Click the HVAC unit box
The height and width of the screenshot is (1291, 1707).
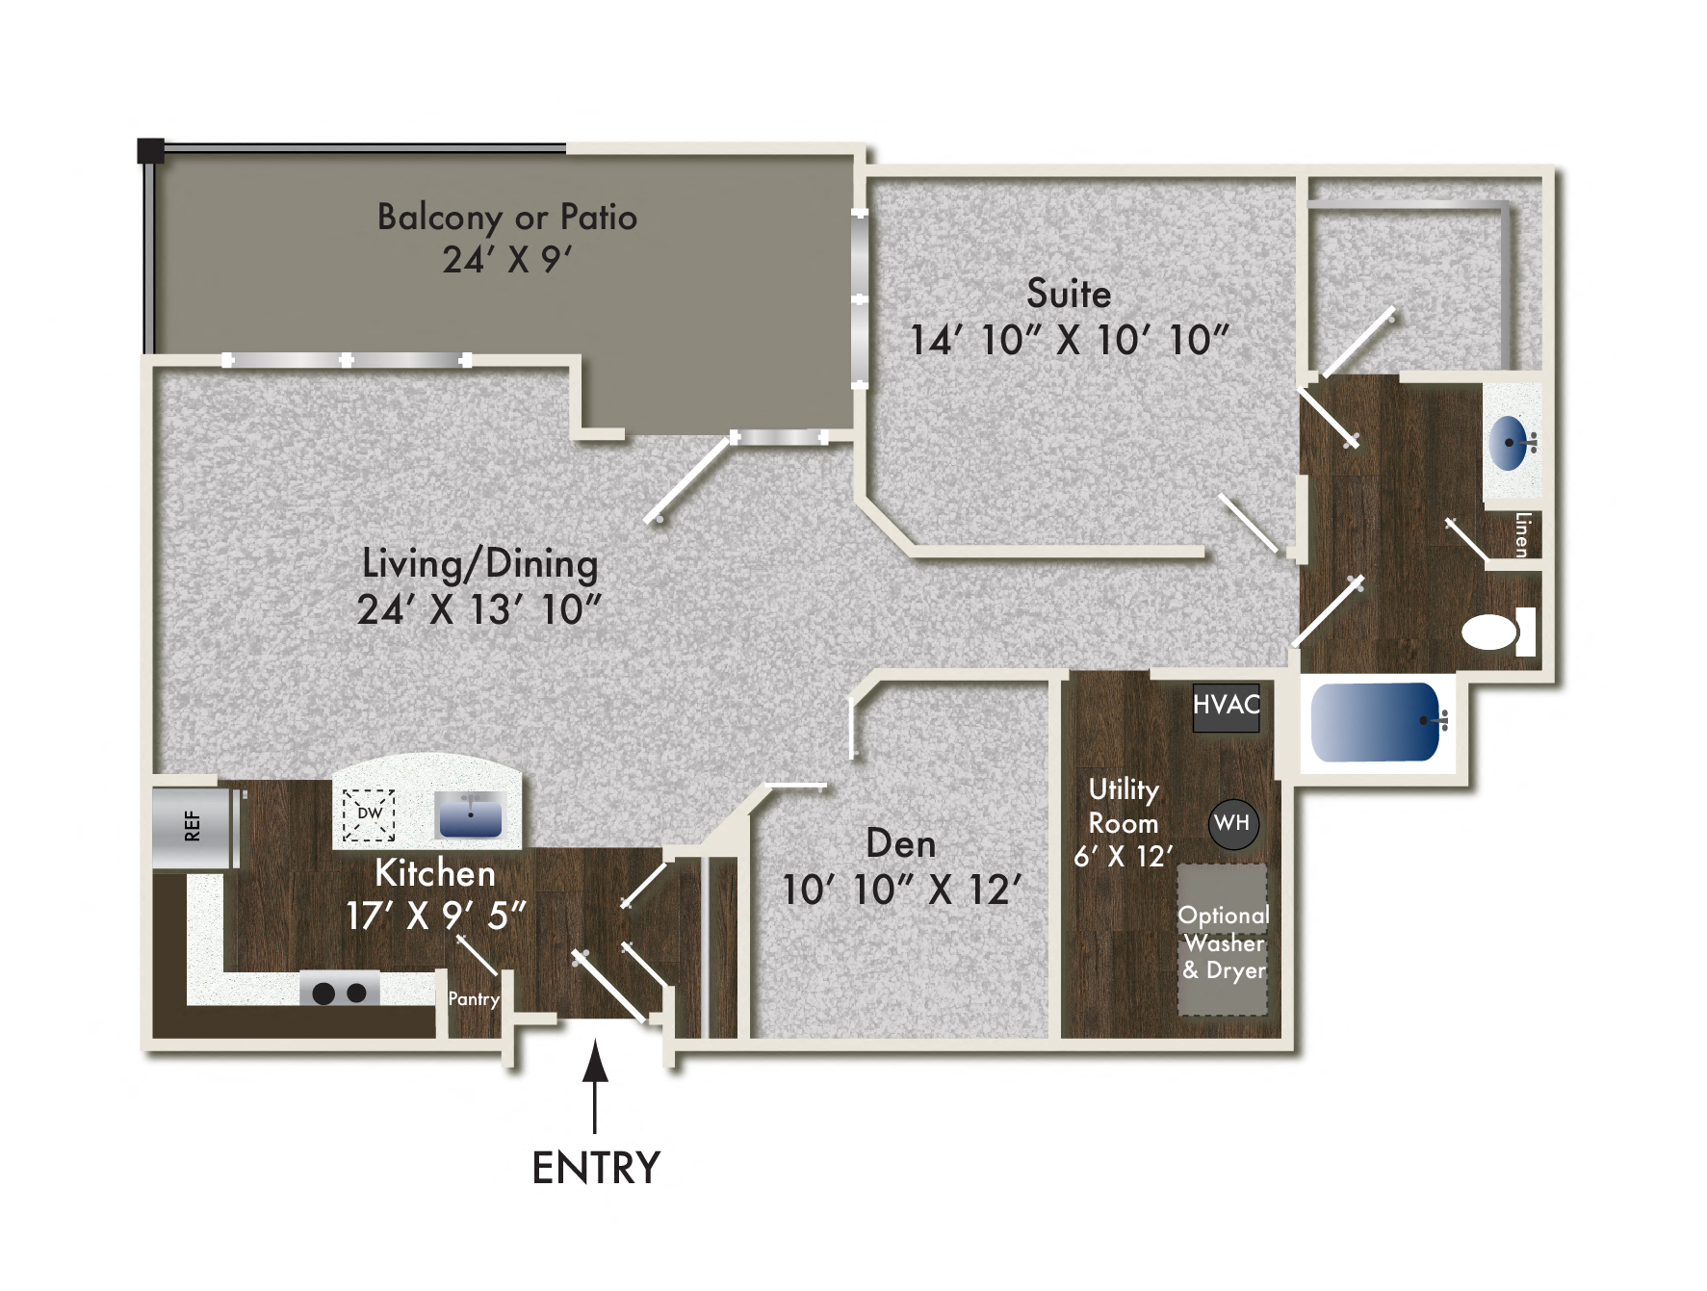1226,706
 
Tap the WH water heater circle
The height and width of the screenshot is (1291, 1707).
1232,823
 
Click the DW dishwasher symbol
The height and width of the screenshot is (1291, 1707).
369,814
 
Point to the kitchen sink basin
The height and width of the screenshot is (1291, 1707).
470,815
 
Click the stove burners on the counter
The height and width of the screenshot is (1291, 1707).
339,992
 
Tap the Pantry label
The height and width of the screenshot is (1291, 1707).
473,999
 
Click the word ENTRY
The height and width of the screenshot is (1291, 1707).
595,1168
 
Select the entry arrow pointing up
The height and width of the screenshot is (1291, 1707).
595,1078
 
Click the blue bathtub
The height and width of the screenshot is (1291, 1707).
1375,722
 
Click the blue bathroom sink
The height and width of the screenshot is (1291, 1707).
1510,443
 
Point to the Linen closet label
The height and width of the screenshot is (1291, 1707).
1521,534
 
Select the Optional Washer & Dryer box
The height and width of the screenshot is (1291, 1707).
1223,942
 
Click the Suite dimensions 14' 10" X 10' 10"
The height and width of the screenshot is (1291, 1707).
1069,340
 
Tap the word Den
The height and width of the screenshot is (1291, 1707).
900,843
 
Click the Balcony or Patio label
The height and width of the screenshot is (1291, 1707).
506,218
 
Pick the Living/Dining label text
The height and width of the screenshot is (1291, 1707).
479,564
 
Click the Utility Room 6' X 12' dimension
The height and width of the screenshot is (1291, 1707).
1123,856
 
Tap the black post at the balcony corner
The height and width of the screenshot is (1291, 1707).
150,150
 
